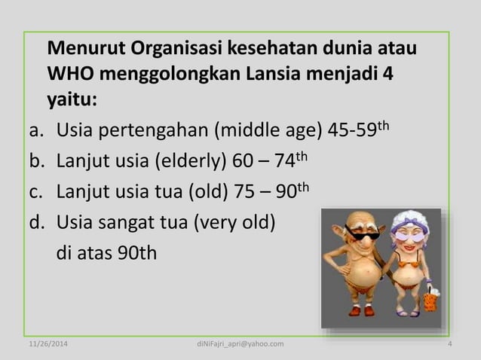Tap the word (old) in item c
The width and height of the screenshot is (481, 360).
213,193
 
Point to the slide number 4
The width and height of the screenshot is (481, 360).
449,344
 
